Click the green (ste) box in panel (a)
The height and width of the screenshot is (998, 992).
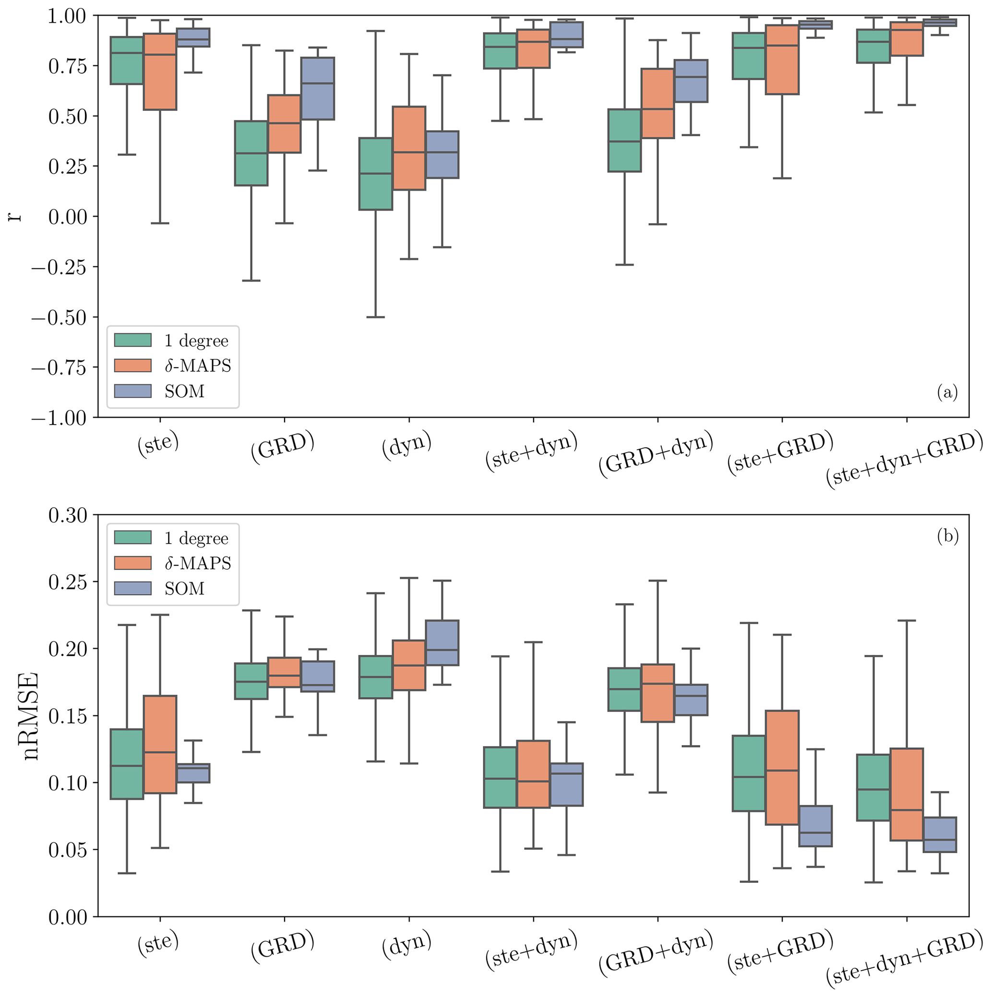tap(127, 60)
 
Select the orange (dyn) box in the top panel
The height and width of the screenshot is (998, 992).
tap(409, 148)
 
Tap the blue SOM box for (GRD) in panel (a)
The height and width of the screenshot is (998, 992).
tap(318, 88)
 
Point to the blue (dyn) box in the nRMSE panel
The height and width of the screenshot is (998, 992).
tap(442, 642)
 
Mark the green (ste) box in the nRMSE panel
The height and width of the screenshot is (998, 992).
tap(127, 764)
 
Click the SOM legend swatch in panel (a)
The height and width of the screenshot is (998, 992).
tap(133, 391)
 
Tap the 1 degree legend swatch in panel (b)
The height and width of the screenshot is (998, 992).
tap(133, 538)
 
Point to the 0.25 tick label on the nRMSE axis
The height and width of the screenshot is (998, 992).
tap(67, 582)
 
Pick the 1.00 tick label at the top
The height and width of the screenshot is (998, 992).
tap(67, 16)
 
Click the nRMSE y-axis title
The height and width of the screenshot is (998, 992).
tap(31, 716)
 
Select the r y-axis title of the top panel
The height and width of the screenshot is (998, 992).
tap(15, 216)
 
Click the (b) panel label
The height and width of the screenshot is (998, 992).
tap(947, 536)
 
